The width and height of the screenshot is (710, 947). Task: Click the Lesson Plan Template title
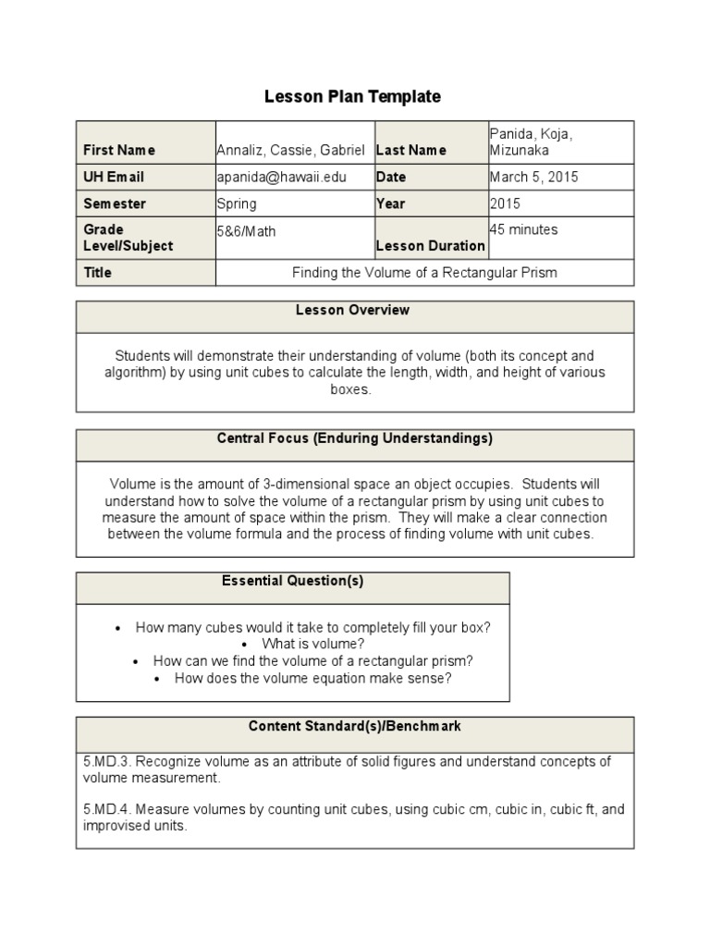pos(353,96)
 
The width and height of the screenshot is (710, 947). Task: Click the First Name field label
pos(119,150)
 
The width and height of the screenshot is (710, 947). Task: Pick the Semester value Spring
pos(237,203)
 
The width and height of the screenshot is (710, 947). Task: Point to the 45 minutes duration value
pos(523,229)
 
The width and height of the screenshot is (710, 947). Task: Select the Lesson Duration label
pos(430,246)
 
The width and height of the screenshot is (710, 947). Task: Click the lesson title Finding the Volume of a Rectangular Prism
pos(424,273)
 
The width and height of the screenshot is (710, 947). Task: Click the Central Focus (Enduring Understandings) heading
pos(354,438)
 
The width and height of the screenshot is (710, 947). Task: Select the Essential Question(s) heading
pos(293,581)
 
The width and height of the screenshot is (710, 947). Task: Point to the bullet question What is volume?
pos(312,644)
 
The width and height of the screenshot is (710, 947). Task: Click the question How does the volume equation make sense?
pos(312,678)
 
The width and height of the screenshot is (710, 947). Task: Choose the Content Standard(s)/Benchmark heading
pos(355,726)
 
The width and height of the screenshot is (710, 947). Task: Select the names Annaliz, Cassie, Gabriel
pos(290,150)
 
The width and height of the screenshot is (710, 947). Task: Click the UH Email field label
pos(114,177)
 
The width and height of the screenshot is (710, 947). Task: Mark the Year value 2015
pos(505,203)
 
